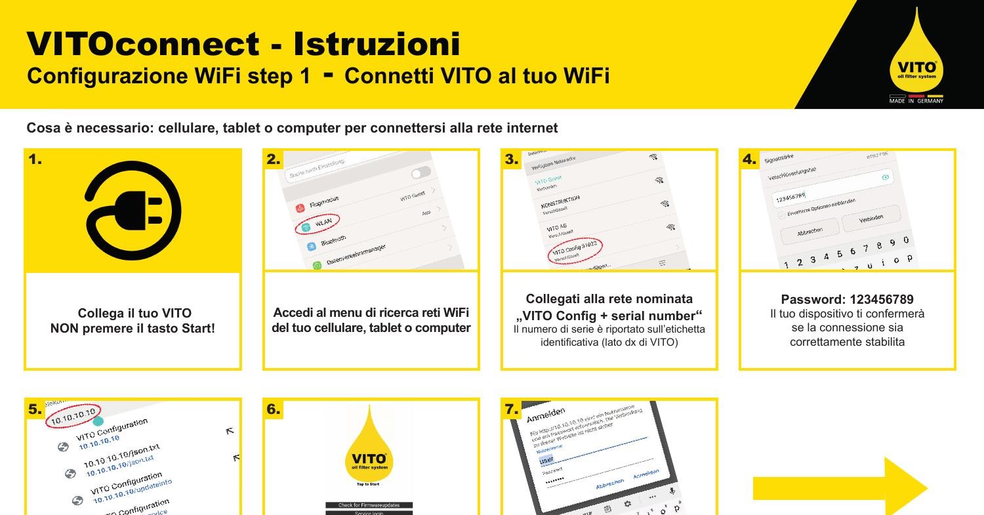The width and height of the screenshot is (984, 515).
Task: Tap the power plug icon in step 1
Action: (134, 209)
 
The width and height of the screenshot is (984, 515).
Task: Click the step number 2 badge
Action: (274, 159)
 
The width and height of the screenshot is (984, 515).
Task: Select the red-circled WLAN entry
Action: (318, 223)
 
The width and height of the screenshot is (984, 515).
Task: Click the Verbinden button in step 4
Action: (871, 218)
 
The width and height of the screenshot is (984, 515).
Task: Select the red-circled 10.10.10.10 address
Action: (73, 415)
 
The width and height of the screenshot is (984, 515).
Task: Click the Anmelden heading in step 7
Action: (545, 414)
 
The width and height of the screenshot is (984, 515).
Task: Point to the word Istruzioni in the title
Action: (377, 44)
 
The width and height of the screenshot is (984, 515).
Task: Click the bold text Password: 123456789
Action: (847, 299)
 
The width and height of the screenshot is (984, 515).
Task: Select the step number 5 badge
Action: (35, 409)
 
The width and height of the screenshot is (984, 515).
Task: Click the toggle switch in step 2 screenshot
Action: (420, 173)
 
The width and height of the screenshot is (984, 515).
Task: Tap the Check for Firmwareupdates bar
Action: (369, 505)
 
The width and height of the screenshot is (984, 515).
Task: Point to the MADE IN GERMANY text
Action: (916, 101)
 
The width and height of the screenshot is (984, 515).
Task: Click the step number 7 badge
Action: (512, 409)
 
